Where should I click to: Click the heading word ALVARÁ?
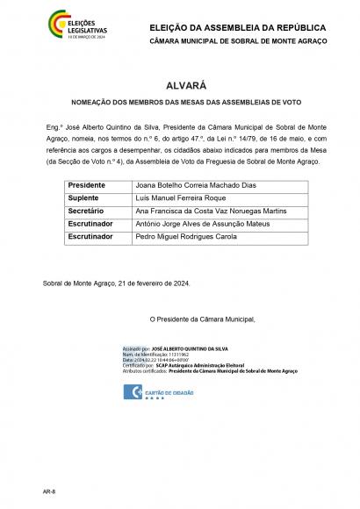[179, 86]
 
